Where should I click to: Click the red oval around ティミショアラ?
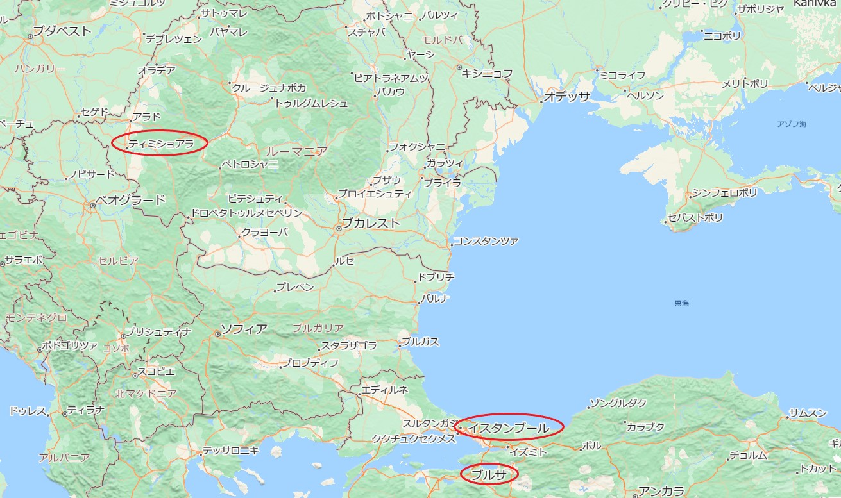click(159, 143)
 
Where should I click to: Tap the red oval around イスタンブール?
click(509, 426)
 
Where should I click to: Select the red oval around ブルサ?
click(489, 474)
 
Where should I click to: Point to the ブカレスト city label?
click(370, 223)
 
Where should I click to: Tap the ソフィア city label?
click(244, 329)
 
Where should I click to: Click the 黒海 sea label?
click(682, 303)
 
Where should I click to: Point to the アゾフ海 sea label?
click(790, 123)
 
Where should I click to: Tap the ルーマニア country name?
click(296, 151)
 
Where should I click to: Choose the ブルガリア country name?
click(318, 328)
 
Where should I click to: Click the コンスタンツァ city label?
click(486, 242)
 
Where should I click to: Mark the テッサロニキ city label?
click(231, 451)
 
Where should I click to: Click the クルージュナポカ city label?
click(269, 88)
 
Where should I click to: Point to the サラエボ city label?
click(23, 260)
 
